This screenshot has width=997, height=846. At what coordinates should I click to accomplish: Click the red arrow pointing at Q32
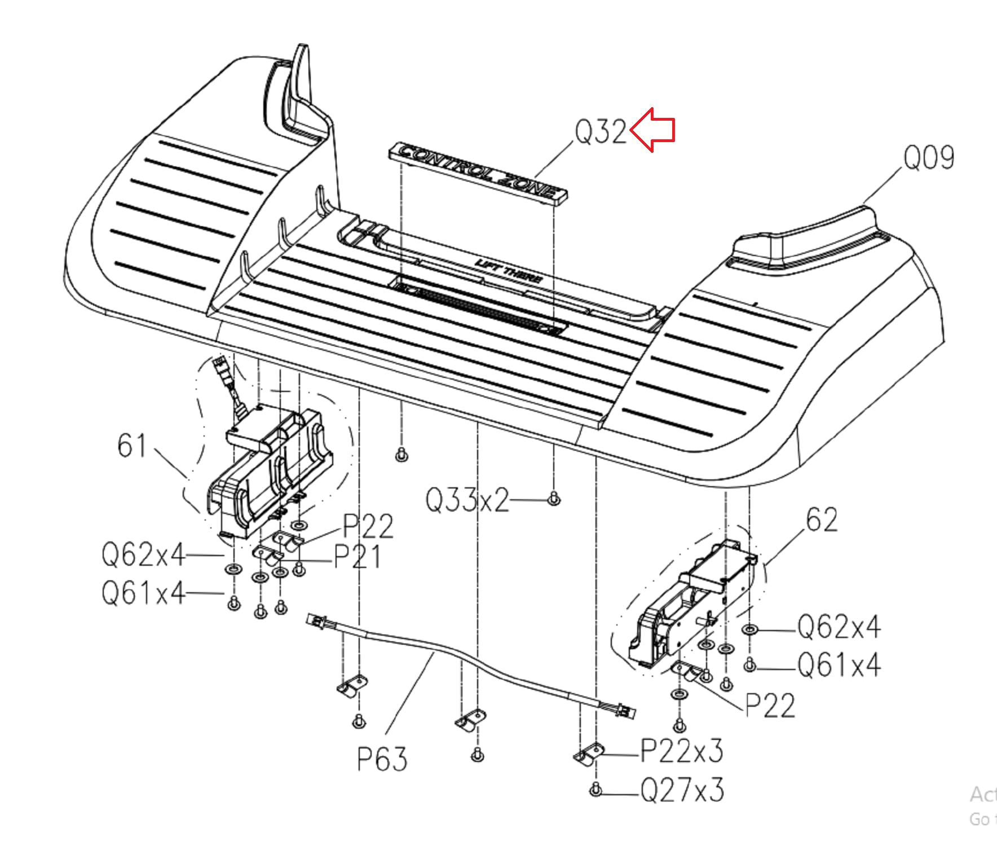[x=652, y=130]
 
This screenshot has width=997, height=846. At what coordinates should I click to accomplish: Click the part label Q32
[x=601, y=131]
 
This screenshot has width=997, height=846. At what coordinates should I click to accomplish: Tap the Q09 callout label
[x=929, y=157]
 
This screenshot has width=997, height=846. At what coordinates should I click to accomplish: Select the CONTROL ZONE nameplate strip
[x=478, y=171]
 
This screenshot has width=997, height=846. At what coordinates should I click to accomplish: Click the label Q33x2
[x=467, y=500]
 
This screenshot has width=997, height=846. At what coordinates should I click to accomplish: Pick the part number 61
[x=132, y=446]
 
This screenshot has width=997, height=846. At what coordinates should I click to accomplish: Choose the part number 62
[x=822, y=519]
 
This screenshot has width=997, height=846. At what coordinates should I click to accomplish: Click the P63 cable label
[x=382, y=759]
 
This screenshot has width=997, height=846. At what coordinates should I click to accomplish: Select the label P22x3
[x=682, y=751]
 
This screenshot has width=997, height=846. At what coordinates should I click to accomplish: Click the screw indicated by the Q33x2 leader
[x=554, y=499]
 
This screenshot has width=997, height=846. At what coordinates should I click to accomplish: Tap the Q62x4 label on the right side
[x=839, y=627]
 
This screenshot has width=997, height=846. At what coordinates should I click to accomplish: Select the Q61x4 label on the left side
[x=143, y=593]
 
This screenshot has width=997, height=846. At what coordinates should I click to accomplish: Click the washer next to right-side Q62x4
[x=750, y=629]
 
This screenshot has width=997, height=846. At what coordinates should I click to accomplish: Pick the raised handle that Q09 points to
[x=806, y=237]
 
